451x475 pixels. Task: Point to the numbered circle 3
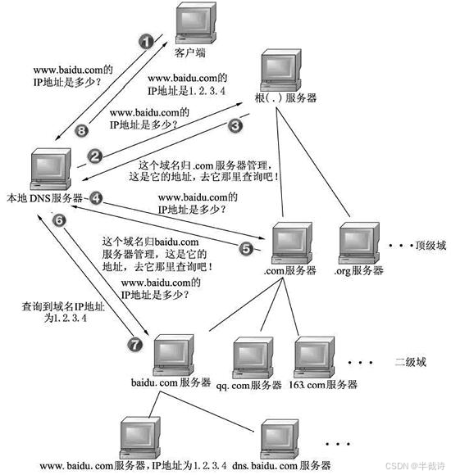pyautogui.click(x=235, y=125)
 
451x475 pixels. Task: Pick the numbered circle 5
pyautogui.click(x=248, y=245)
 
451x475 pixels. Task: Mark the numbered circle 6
pyautogui.click(x=58, y=220)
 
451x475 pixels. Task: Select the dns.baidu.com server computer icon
pyautogui.click(x=280, y=441)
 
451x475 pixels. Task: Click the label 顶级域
pyautogui.click(x=429, y=244)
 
